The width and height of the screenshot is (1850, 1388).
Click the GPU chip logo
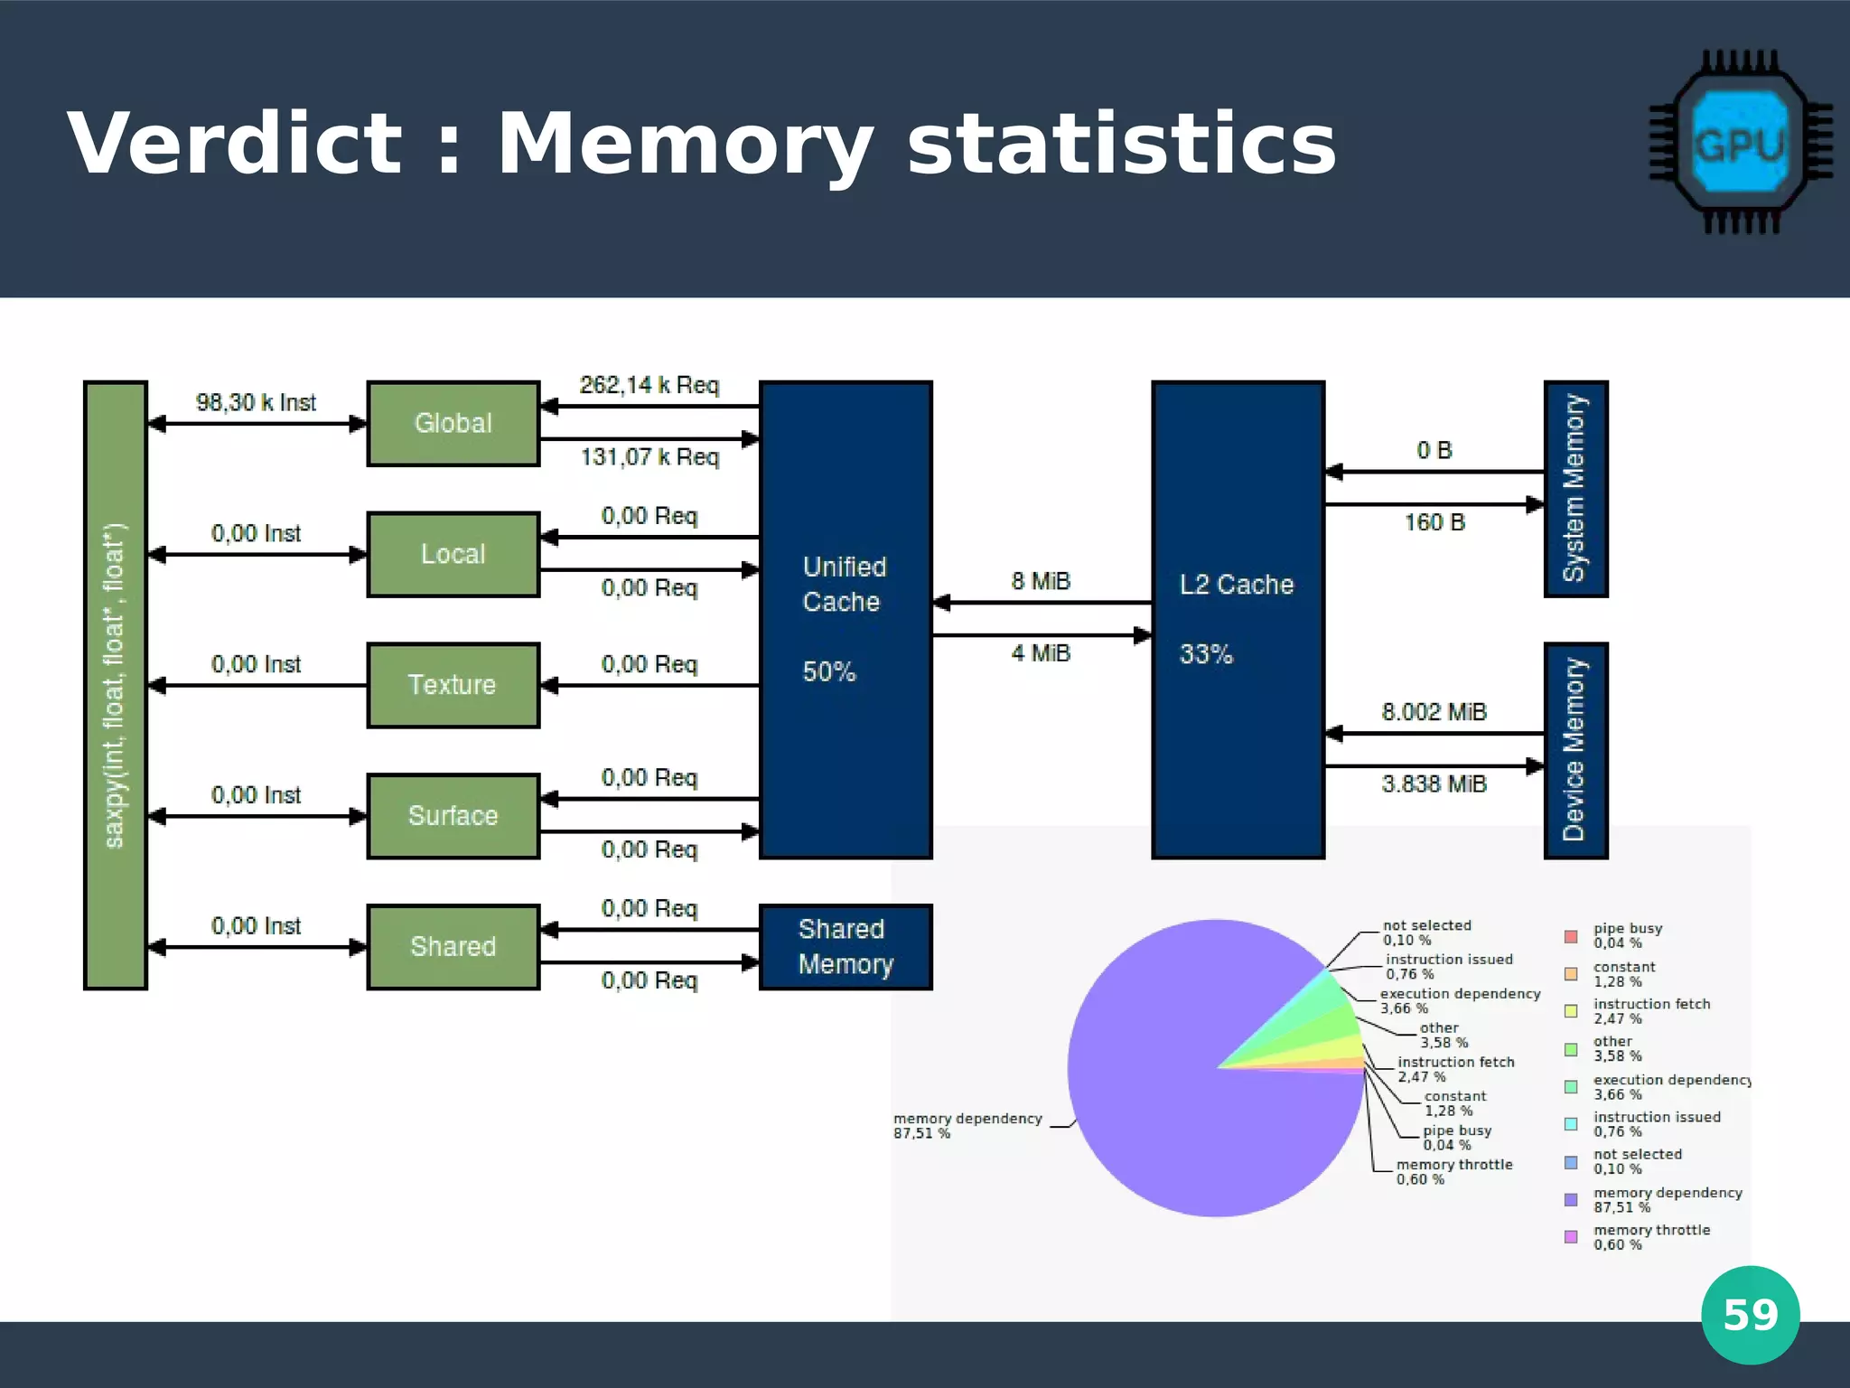(1740, 143)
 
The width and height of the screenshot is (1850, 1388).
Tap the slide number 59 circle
(1750, 1315)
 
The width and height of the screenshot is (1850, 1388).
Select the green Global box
(453, 423)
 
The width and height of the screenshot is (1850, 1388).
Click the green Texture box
(453, 685)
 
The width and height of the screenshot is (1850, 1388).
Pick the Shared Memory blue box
(846, 946)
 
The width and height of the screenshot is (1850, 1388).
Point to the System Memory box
(1575, 489)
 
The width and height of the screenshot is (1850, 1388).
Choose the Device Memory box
(1575, 750)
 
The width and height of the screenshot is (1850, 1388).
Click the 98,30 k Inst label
(256, 402)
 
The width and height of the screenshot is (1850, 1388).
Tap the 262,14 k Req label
(649, 385)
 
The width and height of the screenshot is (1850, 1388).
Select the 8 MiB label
(1041, 581)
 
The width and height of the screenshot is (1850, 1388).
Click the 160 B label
(1434, 522)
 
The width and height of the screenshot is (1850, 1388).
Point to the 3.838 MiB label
(1434, 783)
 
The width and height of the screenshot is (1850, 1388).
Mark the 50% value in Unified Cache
(828, 671)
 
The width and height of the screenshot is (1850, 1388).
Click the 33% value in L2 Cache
(1205, 653)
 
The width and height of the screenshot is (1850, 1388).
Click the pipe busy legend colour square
(1571, 936)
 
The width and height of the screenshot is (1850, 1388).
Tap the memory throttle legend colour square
(1571, 1236)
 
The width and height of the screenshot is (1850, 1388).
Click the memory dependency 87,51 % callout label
(967, 1125)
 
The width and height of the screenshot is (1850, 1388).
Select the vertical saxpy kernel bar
(115, 685)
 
